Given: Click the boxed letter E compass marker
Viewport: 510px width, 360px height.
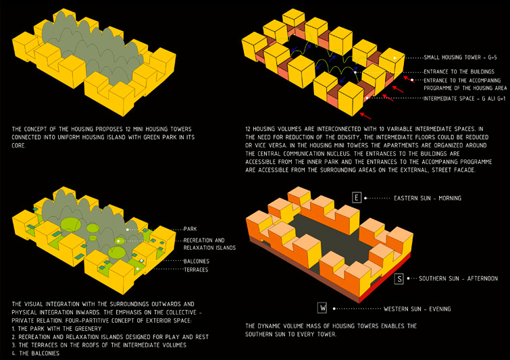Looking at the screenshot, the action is [357, 197].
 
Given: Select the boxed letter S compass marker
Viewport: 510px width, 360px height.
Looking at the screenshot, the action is [399, 279].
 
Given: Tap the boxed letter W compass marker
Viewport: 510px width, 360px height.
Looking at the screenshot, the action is [322, 307].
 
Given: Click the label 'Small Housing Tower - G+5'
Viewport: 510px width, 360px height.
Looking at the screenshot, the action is [460, 57].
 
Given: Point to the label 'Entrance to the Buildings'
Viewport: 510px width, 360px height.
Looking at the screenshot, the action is [459, 72].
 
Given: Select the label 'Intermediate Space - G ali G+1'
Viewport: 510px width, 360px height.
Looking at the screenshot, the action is [465, 99].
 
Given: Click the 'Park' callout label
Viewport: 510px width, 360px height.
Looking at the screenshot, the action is [190, 229].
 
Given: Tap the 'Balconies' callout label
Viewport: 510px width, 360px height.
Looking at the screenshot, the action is [197, 261].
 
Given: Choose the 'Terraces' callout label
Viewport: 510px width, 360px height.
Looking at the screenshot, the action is [196, 269].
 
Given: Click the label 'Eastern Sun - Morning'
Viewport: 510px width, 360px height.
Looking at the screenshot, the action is [428, 198].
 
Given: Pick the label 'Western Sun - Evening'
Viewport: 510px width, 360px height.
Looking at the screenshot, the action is [417, 309].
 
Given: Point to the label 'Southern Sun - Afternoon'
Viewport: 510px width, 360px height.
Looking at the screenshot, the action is [458, 278].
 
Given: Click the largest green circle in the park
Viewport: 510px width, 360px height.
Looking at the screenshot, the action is [71, 224].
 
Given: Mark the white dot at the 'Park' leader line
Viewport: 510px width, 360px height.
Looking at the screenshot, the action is [128, 230].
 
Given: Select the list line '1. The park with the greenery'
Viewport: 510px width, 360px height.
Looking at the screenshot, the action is [57, 328].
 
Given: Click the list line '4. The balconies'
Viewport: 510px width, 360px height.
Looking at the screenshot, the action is [35, 353].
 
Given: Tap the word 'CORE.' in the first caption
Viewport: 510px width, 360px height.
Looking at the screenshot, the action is [18, 145].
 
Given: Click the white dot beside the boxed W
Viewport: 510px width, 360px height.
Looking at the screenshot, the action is [334, 308].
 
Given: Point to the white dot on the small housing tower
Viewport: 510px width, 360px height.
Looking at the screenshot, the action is [394, 58].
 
